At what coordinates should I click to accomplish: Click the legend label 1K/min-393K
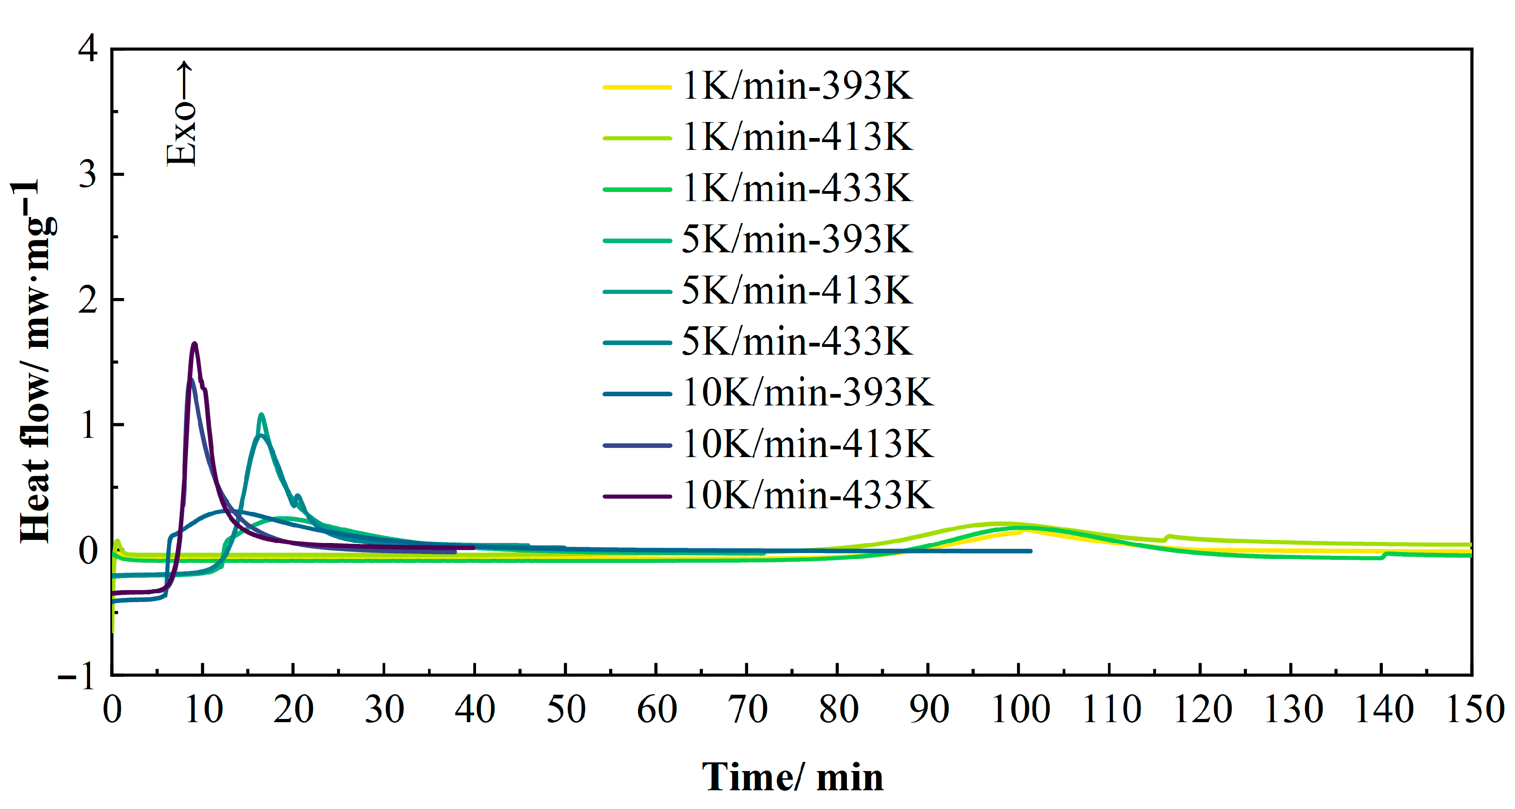797,86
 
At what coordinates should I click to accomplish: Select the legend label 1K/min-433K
797,189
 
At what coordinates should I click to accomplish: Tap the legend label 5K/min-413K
797,291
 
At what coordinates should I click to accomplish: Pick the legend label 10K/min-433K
808,495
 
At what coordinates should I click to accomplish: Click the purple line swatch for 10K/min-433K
637,496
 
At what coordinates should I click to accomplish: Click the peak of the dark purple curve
195,344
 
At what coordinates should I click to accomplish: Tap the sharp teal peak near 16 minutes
261,415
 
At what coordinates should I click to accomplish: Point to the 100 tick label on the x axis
1020,710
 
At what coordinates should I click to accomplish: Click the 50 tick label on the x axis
566,710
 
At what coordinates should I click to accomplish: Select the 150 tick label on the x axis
1474,710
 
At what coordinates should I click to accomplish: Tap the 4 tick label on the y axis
88,48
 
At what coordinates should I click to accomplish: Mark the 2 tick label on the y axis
88,300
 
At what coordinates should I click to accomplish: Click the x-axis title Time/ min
792,777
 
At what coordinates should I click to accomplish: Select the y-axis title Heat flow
35,362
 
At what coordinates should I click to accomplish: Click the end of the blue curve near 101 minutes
1030,551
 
